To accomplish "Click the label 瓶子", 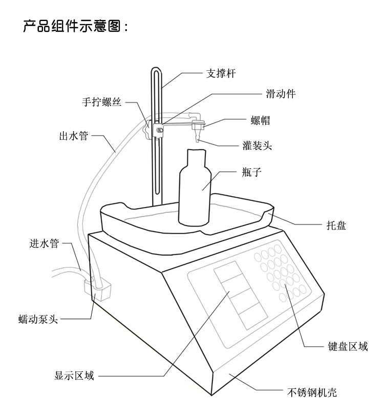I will pyautogui.click(x=251, y=172).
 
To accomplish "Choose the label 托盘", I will pyautogui.click(x=336, y=225).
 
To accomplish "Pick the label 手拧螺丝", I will pyautogui.click(x=102, y=102).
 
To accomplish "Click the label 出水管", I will pyautogui.click(x=74, y=136).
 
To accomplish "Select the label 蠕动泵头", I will pyautogui.click(x=38, y=320).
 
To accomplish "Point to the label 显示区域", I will pyautogui.click(x=74, y=376).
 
